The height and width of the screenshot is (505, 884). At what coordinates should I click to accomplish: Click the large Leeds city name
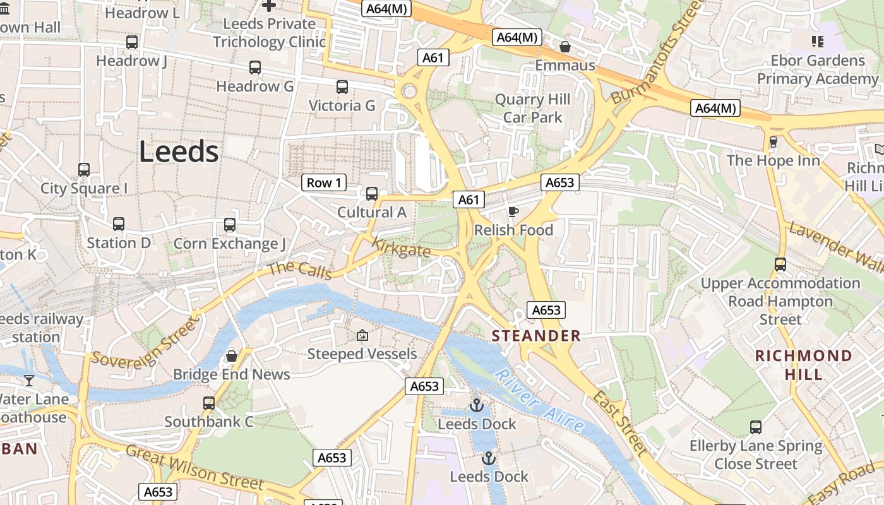tap(179, 152)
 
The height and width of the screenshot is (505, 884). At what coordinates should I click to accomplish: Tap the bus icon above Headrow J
tap(132, 42)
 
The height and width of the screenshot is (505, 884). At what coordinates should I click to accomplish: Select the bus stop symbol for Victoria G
tap(342, 87)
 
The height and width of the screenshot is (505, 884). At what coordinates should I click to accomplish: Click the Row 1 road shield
tap(324, 183)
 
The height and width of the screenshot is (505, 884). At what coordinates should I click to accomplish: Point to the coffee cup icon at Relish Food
tap(513, 211)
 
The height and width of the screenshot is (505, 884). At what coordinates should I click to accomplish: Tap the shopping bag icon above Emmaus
tap(565, 47)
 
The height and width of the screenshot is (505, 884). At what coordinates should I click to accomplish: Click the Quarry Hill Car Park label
tap(532, 109)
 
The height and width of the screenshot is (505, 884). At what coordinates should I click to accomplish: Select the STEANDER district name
tap(536, 336)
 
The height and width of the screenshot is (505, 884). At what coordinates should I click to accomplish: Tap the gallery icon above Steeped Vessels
tap(362, 335)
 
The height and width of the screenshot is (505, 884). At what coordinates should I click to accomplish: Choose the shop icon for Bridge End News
tap(232, 356)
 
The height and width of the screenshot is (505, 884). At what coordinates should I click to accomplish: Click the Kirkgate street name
tap(401, 247)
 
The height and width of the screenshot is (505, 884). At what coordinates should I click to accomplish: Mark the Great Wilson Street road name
tap(194, 468)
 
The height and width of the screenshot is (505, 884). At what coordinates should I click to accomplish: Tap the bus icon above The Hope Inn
tap(773, 141)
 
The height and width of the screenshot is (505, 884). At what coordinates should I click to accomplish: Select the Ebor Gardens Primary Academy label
tap(818, 69)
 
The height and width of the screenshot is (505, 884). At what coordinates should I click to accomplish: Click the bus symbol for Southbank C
tap(209, 403)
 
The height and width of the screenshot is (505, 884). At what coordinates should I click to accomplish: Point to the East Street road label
tap(620, 422)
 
